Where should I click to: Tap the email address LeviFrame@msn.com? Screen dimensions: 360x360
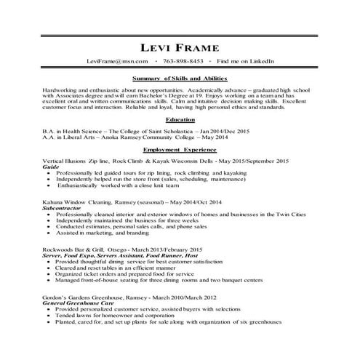point(116,60)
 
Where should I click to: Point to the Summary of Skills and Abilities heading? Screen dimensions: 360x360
point(181,77)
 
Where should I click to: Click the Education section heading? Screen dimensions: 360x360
point(180,119)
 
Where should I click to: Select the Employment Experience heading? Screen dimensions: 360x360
point(180,149)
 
